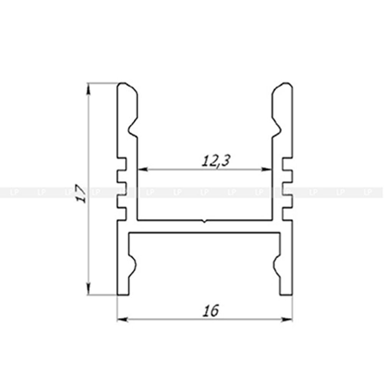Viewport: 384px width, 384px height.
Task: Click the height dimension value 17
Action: point(81,193)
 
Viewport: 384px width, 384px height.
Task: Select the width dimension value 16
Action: point(210,311)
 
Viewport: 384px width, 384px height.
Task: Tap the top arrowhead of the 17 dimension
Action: point(88,89)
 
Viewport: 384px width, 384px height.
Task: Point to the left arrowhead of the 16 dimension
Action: point(123,319)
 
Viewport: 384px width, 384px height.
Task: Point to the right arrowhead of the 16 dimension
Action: point(287,319)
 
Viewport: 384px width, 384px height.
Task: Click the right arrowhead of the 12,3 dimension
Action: point(266,169)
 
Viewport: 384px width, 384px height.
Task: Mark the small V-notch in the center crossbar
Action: point(205,222)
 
